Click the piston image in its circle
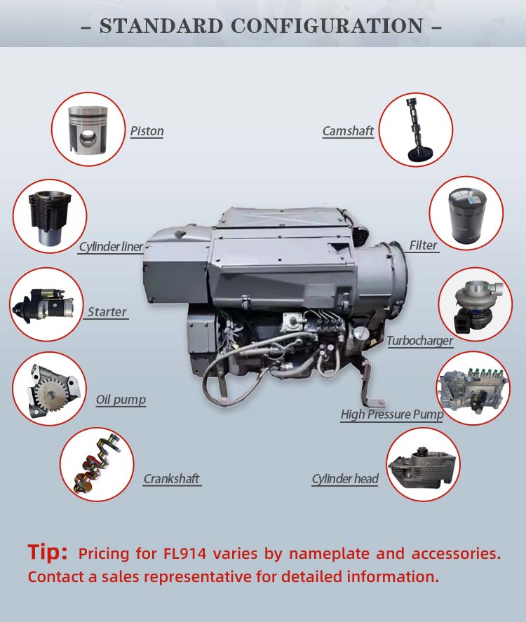(x=88, y=129)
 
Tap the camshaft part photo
(x=415, y=129)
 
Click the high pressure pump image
(x=473, y=388)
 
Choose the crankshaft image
(x=97, y=464)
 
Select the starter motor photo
(x=44, y=304)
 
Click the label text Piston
(x=147, y=131)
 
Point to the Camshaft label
(x=348, y=131)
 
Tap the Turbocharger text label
(x=419, y=341)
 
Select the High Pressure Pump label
(x=392, y=414)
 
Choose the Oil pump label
(x=121, y=400)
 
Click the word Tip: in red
(x=47, y=552)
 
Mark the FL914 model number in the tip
(x=185, y=553)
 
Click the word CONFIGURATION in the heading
(x=328, y=26)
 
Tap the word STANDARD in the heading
(x=161, y=26)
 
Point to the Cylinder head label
(x=345, y=479)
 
